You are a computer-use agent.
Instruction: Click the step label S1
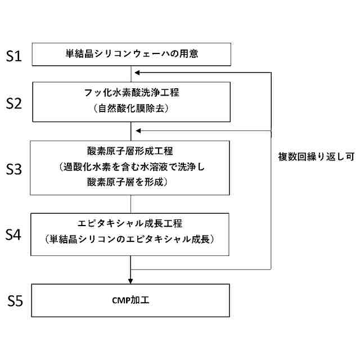click(14, 56)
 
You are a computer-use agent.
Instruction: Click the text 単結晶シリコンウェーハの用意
click(130, 55)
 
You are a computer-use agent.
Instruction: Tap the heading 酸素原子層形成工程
click(130, 151)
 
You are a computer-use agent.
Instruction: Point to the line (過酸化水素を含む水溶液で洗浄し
click(130, 167)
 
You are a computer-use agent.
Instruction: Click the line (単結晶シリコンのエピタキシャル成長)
click(130, 239)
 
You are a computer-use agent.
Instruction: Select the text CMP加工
click(130, 300)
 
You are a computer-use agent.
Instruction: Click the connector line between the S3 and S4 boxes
click(131, 203)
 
